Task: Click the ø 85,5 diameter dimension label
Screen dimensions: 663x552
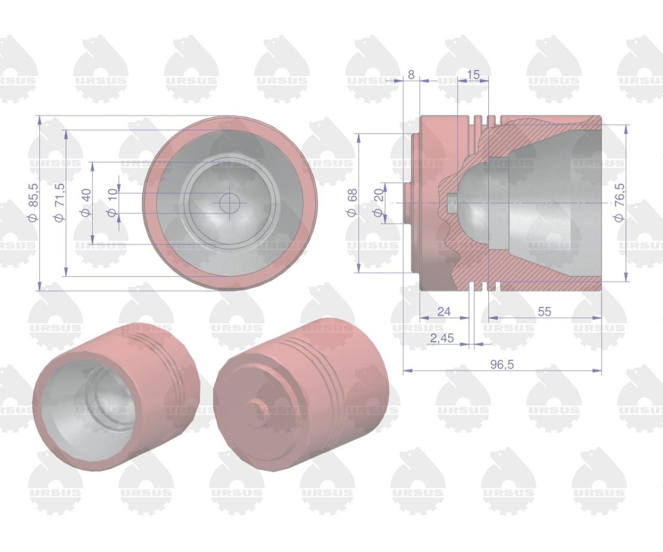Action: pos(34,203)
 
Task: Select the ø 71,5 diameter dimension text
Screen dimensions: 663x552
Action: pos(60,203)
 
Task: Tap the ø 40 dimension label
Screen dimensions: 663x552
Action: pos(86,203)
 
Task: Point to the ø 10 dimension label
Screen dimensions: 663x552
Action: pos(112,203)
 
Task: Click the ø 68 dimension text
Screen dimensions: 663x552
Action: pos(352,203)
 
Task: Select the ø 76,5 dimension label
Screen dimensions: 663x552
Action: pos(619,203)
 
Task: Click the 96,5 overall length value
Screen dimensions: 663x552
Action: pos(502,365)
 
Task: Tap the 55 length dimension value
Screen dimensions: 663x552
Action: pos(545,311)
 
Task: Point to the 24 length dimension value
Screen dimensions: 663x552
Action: pos(444,311)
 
